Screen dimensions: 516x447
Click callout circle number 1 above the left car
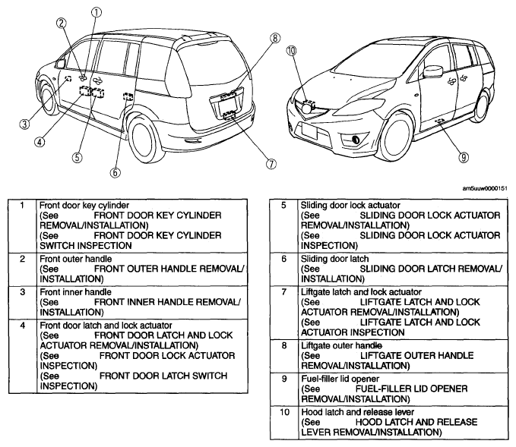tap(96, 12)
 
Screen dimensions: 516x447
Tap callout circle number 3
tap(24, 124)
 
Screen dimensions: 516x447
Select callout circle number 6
tap(115, 172)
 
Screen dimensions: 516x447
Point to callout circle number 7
tap(271, 163)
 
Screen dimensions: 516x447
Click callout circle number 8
tap(275, 38)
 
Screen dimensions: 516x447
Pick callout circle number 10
tap(291, 51)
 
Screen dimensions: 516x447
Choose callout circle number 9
tap(464, 157)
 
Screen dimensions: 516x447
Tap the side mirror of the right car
tap(433, 71)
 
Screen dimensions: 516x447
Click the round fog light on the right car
tap(356, 140)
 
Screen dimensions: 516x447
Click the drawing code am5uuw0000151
tap(485, 188)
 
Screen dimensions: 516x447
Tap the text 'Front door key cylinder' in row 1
tap(84, 206)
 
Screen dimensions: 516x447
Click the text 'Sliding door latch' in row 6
tap(334, 259)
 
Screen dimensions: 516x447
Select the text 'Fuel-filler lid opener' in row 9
tap(340, 379)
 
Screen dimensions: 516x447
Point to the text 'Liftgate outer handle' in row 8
tap(341, 345)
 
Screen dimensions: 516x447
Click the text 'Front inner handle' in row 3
tap(75, 292)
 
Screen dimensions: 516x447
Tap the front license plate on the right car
tap(309, 132)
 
